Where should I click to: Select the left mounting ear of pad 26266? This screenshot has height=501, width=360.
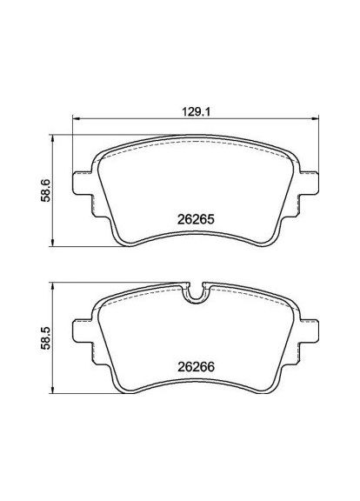[84, 336]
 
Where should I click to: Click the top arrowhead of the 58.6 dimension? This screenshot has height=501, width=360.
[57, 137]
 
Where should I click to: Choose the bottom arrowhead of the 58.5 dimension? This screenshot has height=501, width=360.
[57, 394]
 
